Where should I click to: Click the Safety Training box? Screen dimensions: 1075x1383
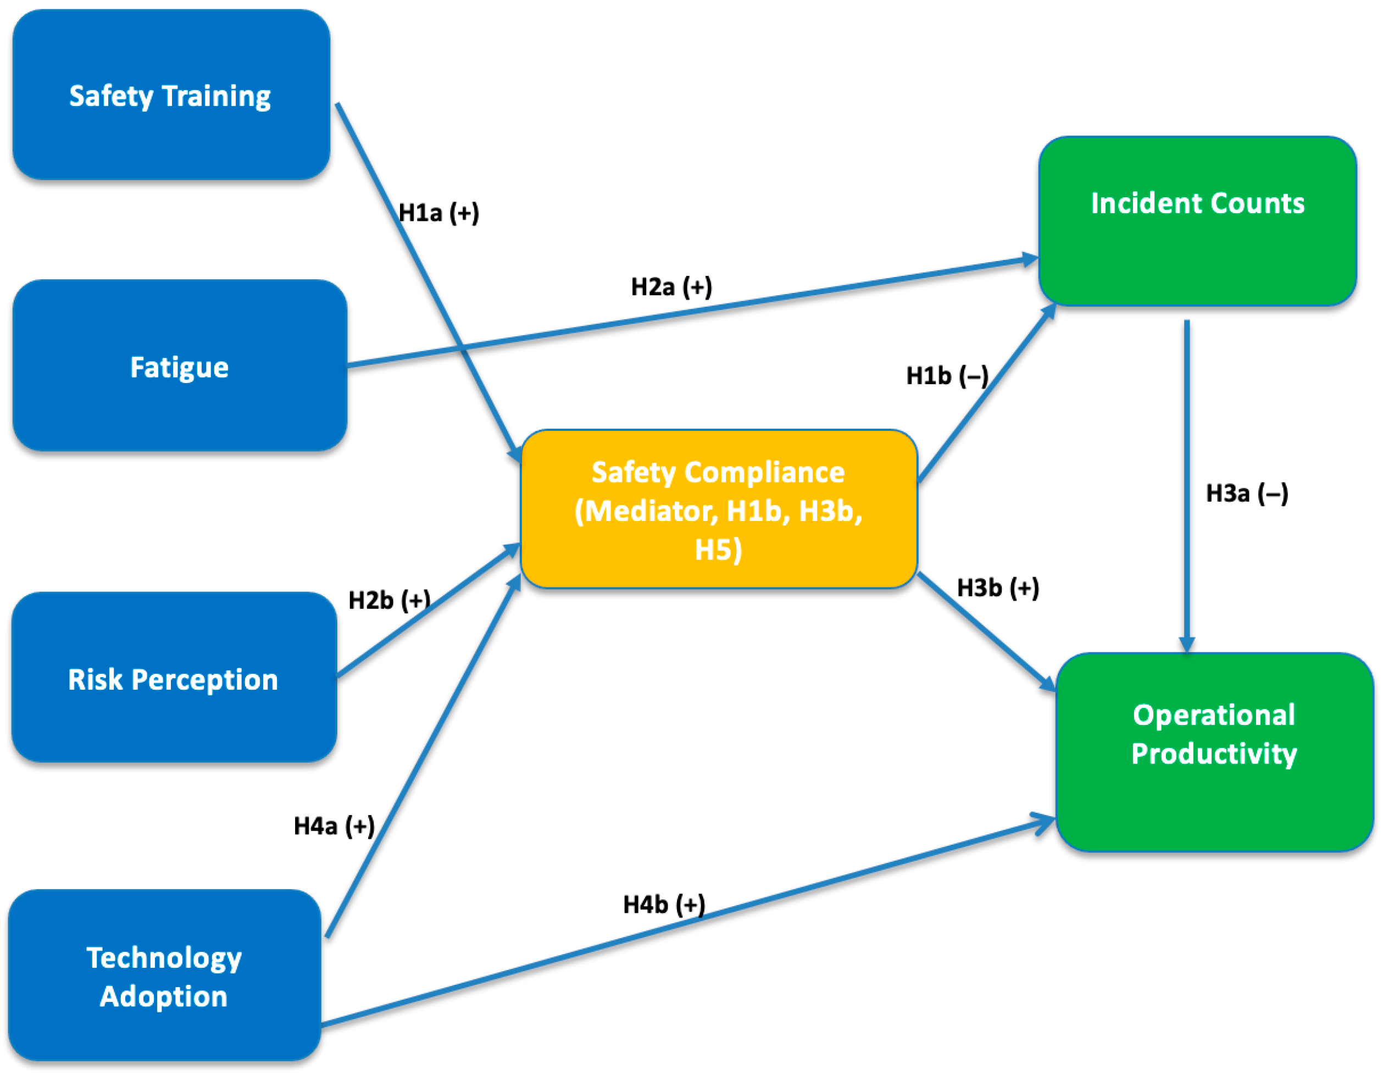tap(171, 95)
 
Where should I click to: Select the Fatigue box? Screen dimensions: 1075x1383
tap(180, 366)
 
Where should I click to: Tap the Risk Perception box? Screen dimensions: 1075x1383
tap(174, 678)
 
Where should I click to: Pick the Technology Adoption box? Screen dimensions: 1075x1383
tap(165, 976)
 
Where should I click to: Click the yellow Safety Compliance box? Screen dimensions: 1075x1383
tap(719, 510)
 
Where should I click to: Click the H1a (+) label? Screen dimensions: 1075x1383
tap(438, 213)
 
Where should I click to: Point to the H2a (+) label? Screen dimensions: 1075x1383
tap(671, 287)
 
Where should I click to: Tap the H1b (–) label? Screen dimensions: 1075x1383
tap(947, 376)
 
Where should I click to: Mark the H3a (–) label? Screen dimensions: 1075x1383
tap(1246, 493)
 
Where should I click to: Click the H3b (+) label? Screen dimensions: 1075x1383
tap(997, 588)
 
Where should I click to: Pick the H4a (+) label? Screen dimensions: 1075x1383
tap(334, 826)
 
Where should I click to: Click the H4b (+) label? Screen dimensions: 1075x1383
tap(664, 905)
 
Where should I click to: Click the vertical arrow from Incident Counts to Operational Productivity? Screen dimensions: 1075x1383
tap(1187, 481)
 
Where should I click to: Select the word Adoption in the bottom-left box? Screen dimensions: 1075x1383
tap(163, 996)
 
